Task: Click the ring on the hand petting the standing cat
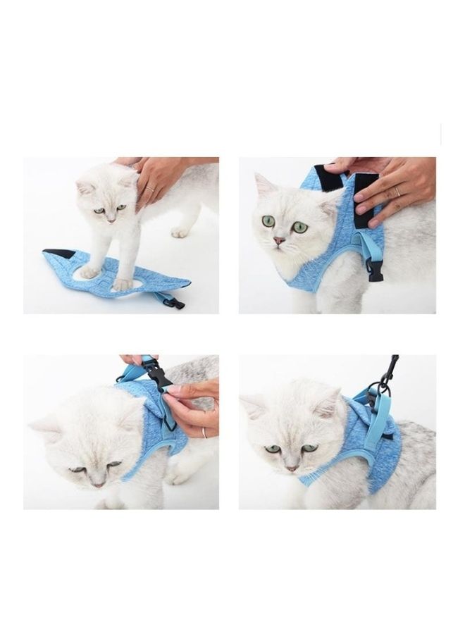[149, 188]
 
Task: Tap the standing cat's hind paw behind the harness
[180, 232]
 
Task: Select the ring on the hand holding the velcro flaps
[397, 192]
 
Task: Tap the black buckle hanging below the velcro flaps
[375, 270]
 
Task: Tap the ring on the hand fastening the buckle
[204, 432]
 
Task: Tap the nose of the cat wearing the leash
[291, 467]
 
